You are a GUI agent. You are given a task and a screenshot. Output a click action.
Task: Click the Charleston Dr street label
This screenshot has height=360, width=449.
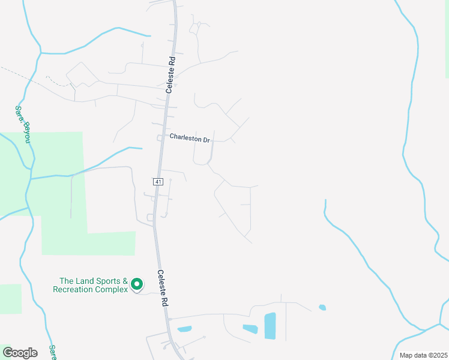[189, 137]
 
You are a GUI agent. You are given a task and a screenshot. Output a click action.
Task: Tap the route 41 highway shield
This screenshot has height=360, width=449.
[157, 181]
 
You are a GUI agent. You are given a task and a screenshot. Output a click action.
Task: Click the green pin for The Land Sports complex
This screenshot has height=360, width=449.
[137, 284]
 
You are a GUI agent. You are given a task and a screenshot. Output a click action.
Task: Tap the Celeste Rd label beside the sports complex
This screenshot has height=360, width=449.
[162, 289]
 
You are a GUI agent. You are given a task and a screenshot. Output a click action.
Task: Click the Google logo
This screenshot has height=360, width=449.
[20, 353]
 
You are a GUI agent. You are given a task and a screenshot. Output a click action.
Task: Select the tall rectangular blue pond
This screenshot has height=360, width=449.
[270, 326]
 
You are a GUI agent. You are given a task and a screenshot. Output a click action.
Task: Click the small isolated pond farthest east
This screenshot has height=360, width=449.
[322, 308]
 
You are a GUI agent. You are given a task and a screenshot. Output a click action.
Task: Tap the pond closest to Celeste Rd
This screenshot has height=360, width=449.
[184, 329]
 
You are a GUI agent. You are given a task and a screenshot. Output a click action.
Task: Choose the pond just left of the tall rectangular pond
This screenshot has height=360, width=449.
[250, 329]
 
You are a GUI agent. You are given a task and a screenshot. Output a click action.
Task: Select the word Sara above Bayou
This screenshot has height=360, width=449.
[19, 111]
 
